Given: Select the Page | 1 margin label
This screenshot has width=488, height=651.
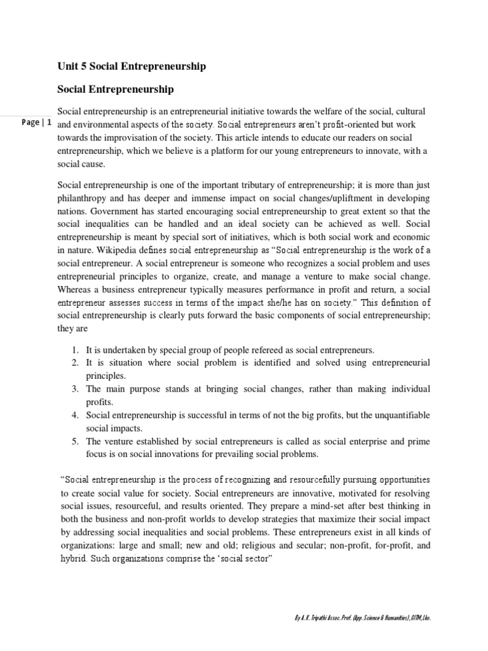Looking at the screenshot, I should pos(36,123).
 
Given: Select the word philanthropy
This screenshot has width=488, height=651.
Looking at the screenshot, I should pos(83,198).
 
